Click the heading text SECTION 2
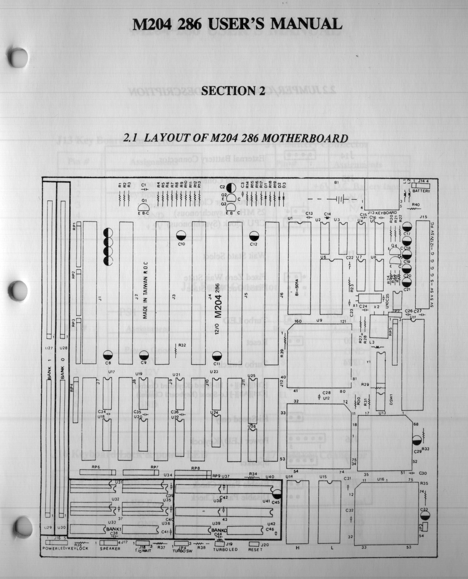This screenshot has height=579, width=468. (x=234, y=91)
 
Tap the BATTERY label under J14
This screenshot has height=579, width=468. (x=421, y=191)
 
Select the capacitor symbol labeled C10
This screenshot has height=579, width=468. (x=181, y=236)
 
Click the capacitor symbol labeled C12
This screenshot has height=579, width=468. (x=254, y=236)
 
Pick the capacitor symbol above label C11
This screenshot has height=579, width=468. (x=217, y=356)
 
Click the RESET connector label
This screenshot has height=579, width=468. (x=255, y=549)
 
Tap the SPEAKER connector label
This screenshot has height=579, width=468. (x=110, y=549)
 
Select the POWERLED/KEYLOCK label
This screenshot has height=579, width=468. (x=65, y=548)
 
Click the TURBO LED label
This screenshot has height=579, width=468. (x=225, y=549)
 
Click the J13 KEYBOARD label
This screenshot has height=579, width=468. (x=382, y=213)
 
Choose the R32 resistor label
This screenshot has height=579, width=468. (x=182, y=345)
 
